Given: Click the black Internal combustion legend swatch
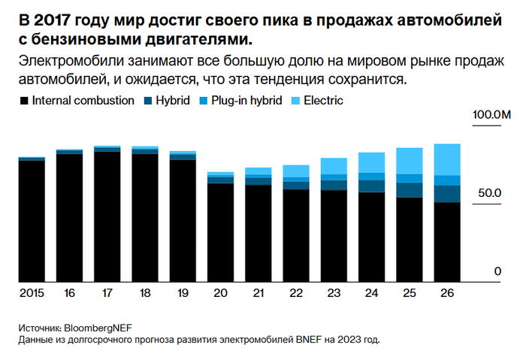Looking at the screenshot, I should (23, 99).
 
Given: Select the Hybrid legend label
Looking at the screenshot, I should (172, 99).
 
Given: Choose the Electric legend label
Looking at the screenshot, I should (323, 99).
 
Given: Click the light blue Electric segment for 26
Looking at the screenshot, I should (448, 159).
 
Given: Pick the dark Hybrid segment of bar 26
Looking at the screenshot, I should (448, 193).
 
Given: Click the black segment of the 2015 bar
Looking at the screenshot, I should (32, 221).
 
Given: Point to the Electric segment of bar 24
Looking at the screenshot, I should (372, 162).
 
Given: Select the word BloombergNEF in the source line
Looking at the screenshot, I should (98, 328).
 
